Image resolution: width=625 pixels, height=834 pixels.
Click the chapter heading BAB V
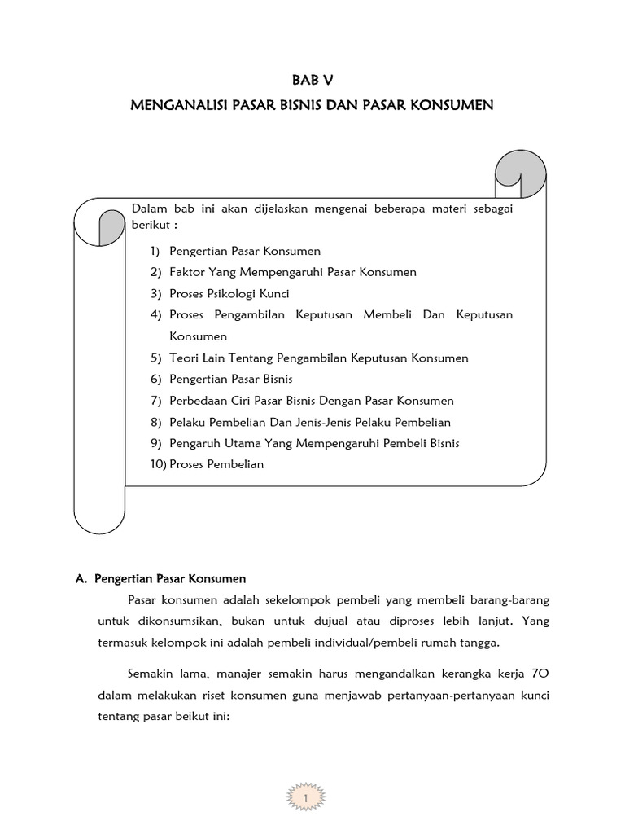(312, 80)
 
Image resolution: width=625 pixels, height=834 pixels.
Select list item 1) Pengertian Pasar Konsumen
(244, 251)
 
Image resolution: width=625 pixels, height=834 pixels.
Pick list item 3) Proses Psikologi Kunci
(229, 293)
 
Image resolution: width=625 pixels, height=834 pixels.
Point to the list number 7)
(157, 401)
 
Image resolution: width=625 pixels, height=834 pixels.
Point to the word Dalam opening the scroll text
(149, 208)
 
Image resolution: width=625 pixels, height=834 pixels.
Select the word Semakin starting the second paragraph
(151, 674)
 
